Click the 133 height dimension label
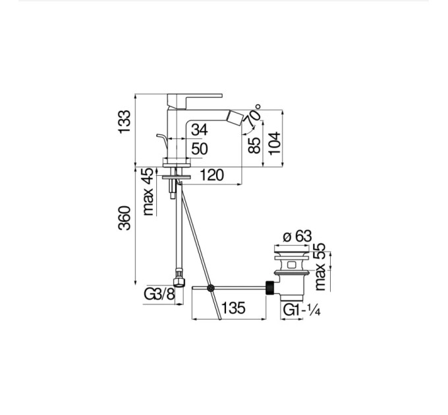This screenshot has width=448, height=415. coord(125,121)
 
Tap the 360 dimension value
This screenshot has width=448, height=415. coord(125,218)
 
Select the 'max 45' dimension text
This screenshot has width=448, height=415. coord(148,192)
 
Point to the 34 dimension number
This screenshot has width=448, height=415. coord(200,130)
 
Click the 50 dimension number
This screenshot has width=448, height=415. coord(200,149)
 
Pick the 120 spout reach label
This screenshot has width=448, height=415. coord(211,175)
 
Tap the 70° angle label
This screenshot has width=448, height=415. coord(254,115)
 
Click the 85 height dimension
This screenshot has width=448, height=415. coord(254,146)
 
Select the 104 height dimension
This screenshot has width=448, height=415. coord(275,143)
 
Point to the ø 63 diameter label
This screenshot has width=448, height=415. coord(297,236)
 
